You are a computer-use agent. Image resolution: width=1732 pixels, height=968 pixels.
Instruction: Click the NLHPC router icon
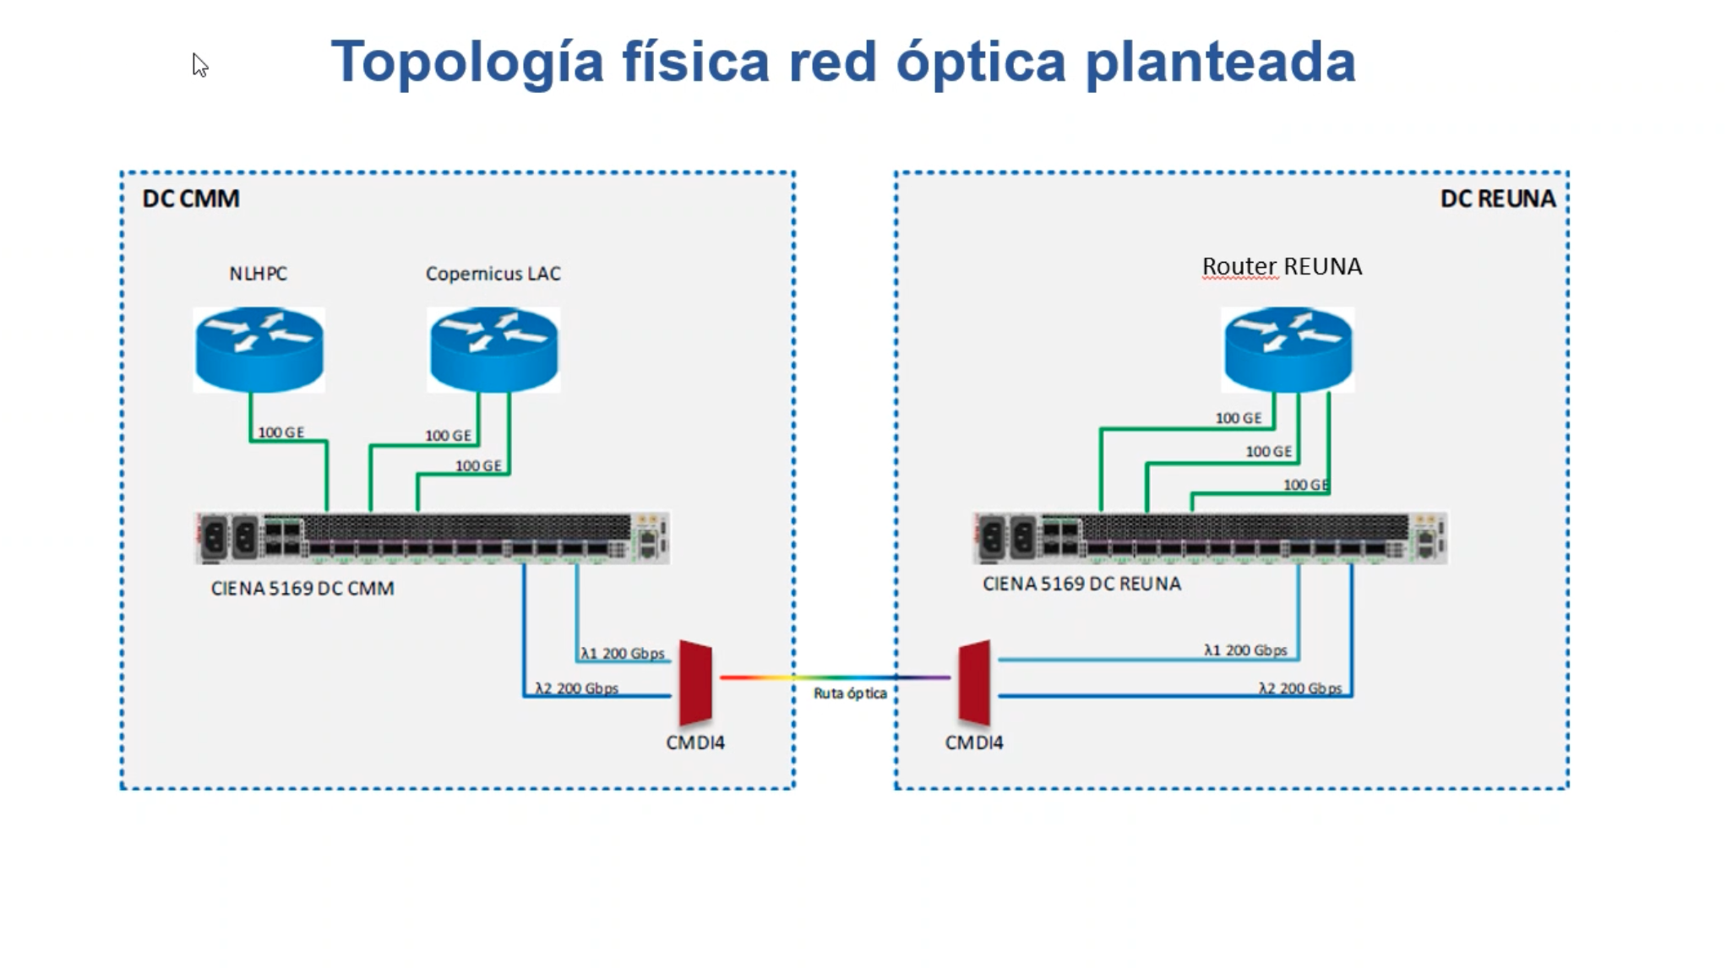pyautogui.click(x=259, y=349)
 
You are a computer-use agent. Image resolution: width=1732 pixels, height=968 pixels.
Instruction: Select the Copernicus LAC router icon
pyautogui.click(x=494, y=349)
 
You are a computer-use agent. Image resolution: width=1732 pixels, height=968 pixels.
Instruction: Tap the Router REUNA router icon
pyautogui.click(x=1288, y=349)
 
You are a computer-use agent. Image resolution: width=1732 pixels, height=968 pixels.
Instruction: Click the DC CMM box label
pyautogui.click(x=191, y=198)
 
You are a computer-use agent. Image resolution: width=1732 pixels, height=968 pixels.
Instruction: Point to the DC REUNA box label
pyautogui.click(x=1497, y=198)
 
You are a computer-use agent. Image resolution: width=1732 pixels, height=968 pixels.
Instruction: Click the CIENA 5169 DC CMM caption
pyautogui.click(x=302, y=589)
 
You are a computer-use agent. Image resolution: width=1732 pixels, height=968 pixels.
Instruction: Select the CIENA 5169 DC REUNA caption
pyautogui.click(x=1081, y=584)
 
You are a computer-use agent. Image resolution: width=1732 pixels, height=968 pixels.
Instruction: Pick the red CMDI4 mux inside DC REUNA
pyautogui.click(x=975, y=682)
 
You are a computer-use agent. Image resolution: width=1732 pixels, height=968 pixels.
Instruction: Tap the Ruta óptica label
pyautogui.click(x=850, y=693)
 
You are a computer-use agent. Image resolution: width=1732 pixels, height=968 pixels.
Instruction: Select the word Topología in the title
pyautogui.click(x=467, y=63)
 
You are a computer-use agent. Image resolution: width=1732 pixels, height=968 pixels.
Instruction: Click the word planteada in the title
pyautogui.click(x=1220, y=63)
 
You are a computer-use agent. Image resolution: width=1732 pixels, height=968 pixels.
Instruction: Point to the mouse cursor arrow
pyautogui.click(x=199, y=65)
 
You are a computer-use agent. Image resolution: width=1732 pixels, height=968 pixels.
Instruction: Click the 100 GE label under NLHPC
pyautogui.click(x=280, y=432)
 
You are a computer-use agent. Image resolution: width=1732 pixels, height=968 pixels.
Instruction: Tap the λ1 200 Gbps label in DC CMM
pyautogui.click(x=623, y=654)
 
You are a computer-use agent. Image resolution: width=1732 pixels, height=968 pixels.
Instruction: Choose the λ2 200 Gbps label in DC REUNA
pyautogui.click(x=1300, y=688)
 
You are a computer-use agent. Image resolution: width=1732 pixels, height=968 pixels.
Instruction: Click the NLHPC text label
pyautogui.click(x=259, y=274)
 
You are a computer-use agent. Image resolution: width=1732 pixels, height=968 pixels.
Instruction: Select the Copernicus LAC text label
pyautogui.click(x=493, y=274)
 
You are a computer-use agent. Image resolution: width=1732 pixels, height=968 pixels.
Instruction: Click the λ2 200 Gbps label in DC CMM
pyautogui.click(x=577, y=688)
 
